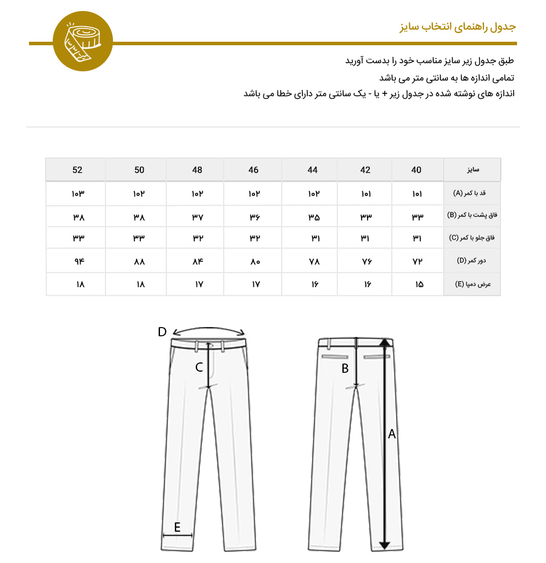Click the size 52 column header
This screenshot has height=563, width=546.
pos(78,170)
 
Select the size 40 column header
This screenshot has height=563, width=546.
pos(416,170)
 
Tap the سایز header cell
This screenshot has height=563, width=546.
pos(472,170)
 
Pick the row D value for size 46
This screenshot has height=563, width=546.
pos(254,261)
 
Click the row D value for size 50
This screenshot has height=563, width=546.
pos(139,261)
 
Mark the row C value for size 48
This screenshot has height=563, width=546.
pos(197,238)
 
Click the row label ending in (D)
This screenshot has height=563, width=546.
pos(472,261)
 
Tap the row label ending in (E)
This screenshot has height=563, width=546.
pos(472,285)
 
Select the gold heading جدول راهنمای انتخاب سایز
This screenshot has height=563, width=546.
pos(457,27)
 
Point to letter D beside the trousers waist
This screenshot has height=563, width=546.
pos(162,332)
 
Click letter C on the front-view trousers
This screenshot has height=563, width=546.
pos(199,367)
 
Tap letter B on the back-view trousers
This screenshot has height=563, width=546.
pos(345,368)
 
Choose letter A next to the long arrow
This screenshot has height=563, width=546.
pos(392,434)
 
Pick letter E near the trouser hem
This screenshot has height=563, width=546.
pos(177,527)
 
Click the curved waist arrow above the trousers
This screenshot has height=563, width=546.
pos(209,329)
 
